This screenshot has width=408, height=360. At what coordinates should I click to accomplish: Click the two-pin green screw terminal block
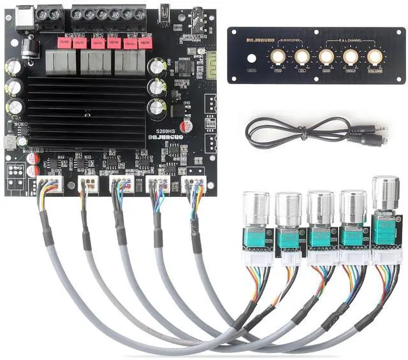coord(50,15)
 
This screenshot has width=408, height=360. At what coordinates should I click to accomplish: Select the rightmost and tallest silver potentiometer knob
coord(384,190)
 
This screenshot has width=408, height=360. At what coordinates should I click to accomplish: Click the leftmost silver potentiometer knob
coord(256,207)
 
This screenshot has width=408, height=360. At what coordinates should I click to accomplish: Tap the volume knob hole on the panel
coord(376,57)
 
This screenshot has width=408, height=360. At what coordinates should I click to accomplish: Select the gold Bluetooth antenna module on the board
coord(212,64)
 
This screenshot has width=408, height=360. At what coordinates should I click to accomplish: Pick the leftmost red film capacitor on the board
coord(64,43)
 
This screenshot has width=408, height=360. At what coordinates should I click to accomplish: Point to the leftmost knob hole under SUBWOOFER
coord(277,57)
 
